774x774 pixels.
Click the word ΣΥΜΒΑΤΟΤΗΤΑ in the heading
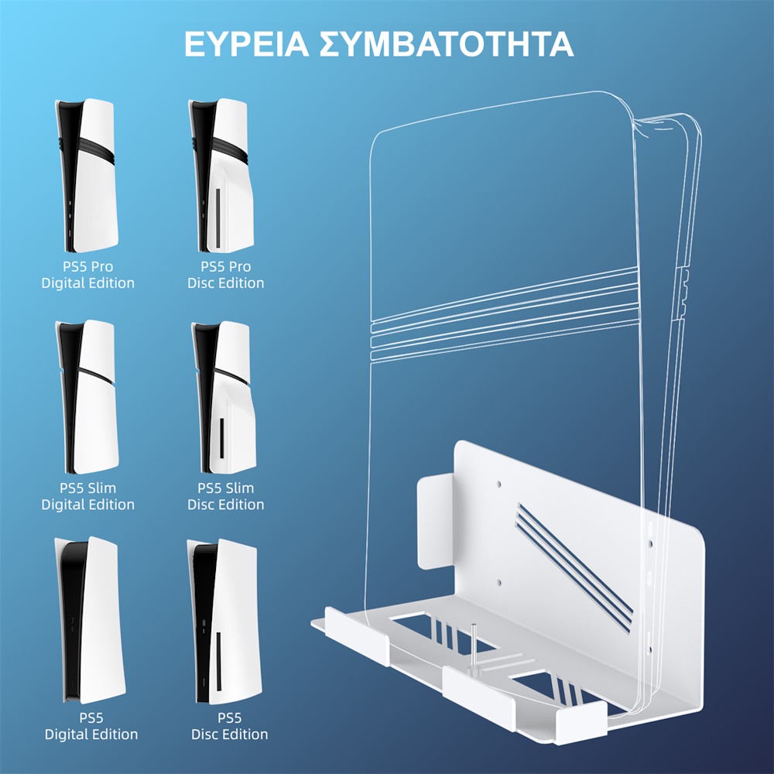[447, 44]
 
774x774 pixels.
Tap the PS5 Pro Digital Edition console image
[87, 176]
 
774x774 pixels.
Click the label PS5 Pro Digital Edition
[87, 275]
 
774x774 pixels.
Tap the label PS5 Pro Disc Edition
[225, 275]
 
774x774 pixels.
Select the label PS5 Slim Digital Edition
[87, 496]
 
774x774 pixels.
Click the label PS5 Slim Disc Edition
[225, 496]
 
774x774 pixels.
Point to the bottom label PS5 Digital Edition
[91, 725]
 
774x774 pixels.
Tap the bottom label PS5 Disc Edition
[230, 725]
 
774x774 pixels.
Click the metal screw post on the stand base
[471, 646]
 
